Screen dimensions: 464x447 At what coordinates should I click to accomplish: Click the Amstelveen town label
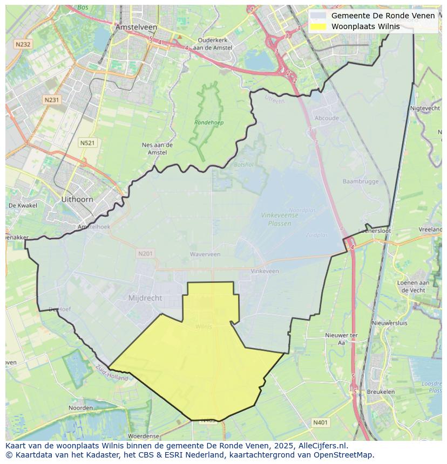[x=136, y=27]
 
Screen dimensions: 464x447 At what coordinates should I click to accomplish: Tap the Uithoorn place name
[x=77, y=199]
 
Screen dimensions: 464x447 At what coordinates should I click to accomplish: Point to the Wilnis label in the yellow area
[x=204, y=326]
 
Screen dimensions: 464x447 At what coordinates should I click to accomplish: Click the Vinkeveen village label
[x=265, y=271]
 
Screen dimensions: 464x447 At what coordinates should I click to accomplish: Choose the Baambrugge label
[x=361, y=182]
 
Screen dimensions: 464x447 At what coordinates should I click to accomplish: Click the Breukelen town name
[x=380, y=392]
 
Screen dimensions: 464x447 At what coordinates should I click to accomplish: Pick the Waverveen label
[x=205, y=254]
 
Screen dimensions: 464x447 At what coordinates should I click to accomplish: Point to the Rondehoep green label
[x=209, y=123]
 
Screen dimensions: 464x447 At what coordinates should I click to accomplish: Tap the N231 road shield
[x=52, y=100]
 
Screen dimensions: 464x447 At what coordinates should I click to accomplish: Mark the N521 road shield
[x=87, y=142]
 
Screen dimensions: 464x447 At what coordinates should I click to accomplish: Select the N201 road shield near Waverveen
[x=145, y=253]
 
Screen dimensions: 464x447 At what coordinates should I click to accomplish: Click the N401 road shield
[x=320, y=423]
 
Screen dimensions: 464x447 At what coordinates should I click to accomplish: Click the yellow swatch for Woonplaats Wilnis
[x=319, y=26]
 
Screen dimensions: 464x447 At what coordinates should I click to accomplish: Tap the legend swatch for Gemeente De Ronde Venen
[x=319, y=16]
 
